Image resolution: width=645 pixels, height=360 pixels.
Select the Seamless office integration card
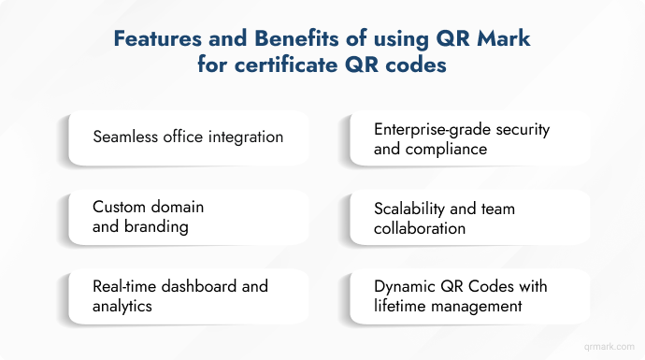coord(188,137)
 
